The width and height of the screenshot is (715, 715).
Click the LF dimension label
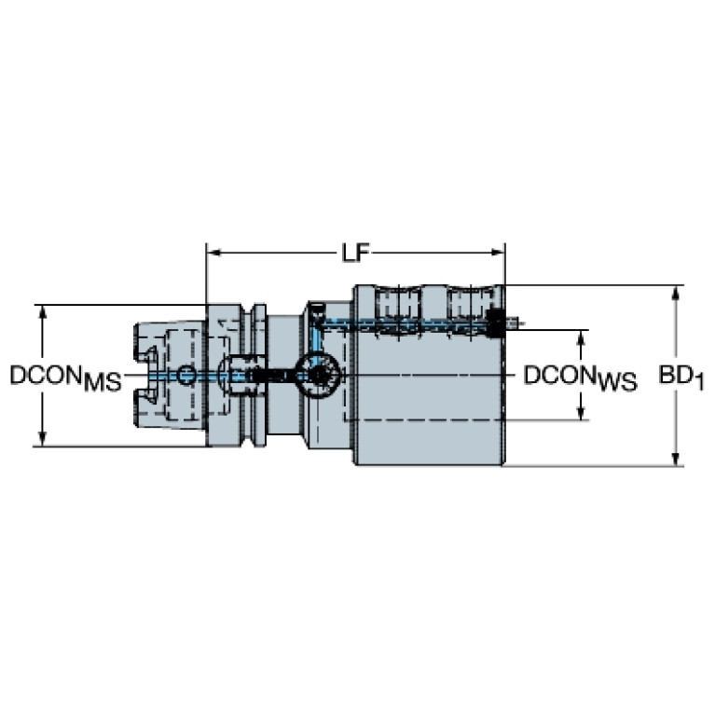pos(356,253)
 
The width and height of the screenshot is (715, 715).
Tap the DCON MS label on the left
pos(66,378)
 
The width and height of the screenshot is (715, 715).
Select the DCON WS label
pos(580,378)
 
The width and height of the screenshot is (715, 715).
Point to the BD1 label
pos(681,378)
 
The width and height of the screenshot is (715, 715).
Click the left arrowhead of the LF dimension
pos(213,253)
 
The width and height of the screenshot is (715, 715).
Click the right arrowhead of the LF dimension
pos(498,253)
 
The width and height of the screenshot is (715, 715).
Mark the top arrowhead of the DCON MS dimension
pos(42,312)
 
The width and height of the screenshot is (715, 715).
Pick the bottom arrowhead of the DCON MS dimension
pos(42,439)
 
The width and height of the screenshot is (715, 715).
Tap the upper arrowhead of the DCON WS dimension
pos(581,337)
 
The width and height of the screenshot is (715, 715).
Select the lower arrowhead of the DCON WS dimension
pos(581,412)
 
